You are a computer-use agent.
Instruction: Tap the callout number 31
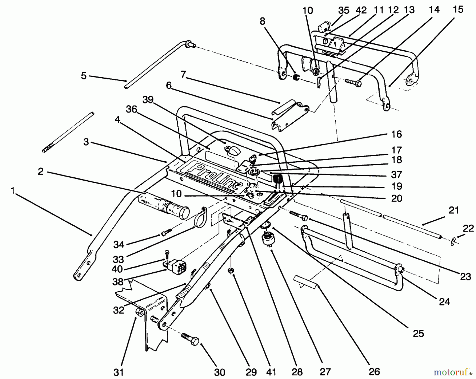pyautogui.click(x=119, y=372)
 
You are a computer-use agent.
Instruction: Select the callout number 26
pyautogui.click(x=374, y=372)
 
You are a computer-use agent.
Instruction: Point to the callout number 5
pyautogui.click(x=84, y=76)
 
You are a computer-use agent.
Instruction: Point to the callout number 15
pyautogui.click(x=458, y=10)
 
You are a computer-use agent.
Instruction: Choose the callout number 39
pyautogui.click(x=148, y=100)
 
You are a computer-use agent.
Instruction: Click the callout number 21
pyautogui.click(x=454, y=211)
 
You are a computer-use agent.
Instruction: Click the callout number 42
pyautogui.click(x=361, y=10)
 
